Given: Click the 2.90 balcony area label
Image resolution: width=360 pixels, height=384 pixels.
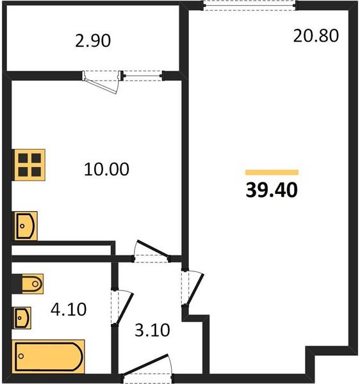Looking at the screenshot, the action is point(93,41).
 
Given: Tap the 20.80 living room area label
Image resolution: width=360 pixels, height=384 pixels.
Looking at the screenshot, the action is point(316,36).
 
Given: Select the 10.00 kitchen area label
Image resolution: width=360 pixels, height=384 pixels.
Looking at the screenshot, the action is point(106,169).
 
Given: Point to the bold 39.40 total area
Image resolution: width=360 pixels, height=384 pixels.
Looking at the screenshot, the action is point(272,190).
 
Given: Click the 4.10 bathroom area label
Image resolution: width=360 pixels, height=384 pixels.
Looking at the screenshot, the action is point(69,309).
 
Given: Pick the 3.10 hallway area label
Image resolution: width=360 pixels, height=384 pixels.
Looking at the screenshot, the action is point(152,330).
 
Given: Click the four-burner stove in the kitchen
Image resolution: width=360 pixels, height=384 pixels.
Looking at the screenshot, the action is point(29,165).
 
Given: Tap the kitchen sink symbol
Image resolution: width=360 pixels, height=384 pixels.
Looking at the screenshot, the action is point(26,226).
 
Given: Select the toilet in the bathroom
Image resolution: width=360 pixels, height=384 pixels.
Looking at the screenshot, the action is point(32,284).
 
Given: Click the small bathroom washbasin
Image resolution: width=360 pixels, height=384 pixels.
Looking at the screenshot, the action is point(23,318).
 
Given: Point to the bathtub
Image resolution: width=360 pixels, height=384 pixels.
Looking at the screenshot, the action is point(48,356).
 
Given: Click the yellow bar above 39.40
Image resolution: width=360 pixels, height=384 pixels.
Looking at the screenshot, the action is point(272,172).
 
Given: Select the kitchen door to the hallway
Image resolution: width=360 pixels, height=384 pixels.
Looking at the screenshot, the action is point(152,249).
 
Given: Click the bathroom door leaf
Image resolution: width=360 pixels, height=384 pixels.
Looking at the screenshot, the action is point(125,308).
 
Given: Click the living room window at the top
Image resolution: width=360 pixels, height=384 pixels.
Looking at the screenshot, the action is point(249,5).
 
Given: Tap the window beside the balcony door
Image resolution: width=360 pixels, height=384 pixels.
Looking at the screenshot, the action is point(142,76).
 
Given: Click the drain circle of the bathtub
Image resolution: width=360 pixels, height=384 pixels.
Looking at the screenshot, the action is point(21,356).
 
